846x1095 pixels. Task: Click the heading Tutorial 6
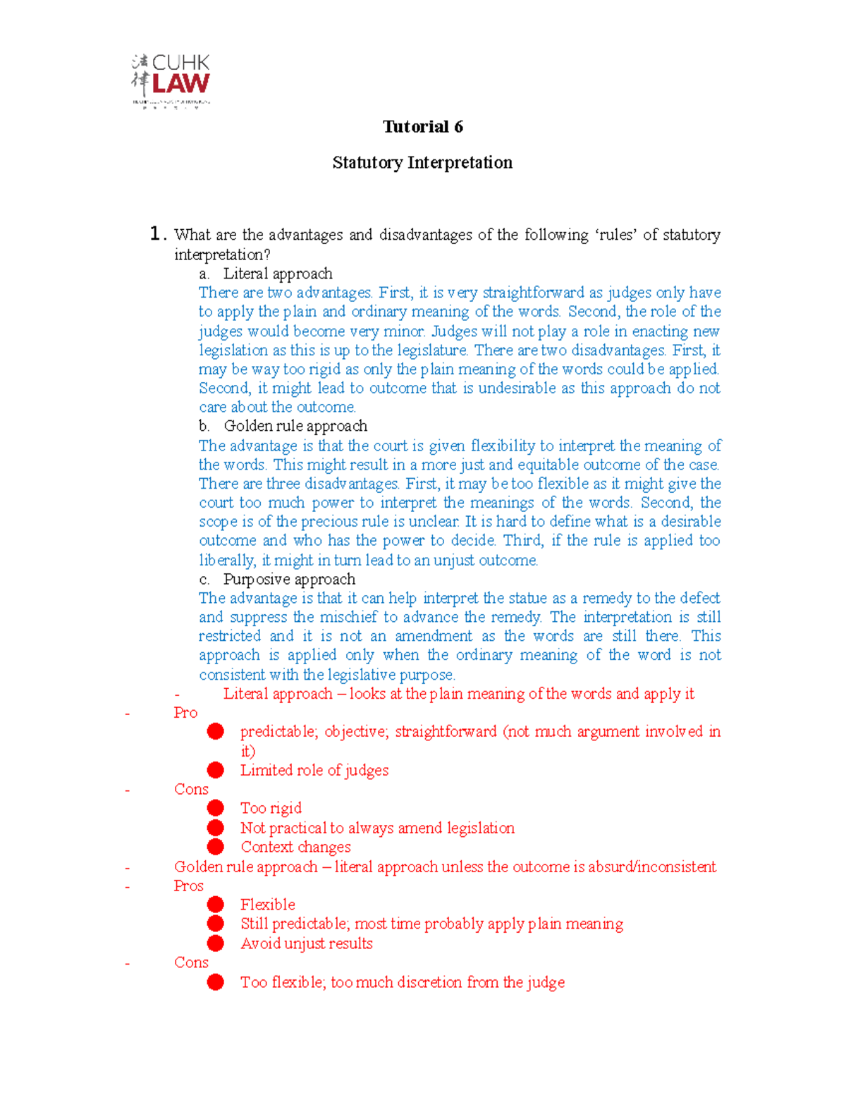[x=422, y=127]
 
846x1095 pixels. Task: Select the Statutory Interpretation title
[x=422, y=163]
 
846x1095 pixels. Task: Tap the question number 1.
[x=157, y=234]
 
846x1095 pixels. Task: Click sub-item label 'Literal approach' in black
[x=278, y=274]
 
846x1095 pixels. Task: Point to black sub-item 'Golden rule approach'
[x=295, y=426]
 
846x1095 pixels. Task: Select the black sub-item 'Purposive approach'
[x=289, y=579]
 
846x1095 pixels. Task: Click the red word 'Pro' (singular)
[x=185, y=713]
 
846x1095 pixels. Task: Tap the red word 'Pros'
[x=188, y=886]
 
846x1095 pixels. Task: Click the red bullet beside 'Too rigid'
[x=216, y=808]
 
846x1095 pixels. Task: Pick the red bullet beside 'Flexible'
[x=216, y=905]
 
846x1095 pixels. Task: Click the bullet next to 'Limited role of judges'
[x=216, y=770]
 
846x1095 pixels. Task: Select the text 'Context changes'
[x=295, y=847]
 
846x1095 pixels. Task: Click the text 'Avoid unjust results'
[x=306, y=943]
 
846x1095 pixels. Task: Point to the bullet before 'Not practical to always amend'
[x=216, y=828]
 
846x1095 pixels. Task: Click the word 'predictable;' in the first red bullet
[x=278, y=732]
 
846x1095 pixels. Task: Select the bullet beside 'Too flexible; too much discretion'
[x=216, y=982]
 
